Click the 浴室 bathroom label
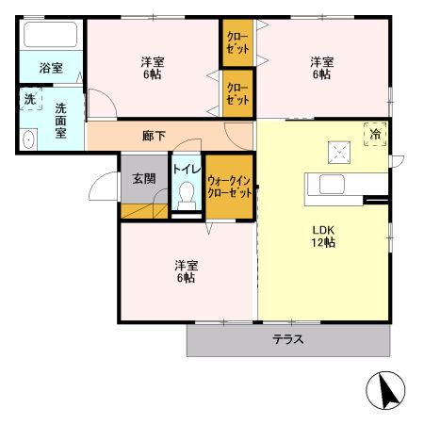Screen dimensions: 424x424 click(51, 68)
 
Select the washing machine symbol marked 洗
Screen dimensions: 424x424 click(30, 99)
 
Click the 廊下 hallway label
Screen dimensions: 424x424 click(154, 136)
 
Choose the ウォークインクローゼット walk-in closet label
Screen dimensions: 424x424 click(229, 186)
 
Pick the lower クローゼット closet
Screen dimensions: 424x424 click(237, 93)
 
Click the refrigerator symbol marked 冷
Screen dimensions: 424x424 click(376, 134)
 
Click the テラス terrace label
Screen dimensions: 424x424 click(288, 340)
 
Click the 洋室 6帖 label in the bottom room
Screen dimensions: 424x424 click(185, 270)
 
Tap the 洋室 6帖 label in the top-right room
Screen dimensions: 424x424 click(321, 68)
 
